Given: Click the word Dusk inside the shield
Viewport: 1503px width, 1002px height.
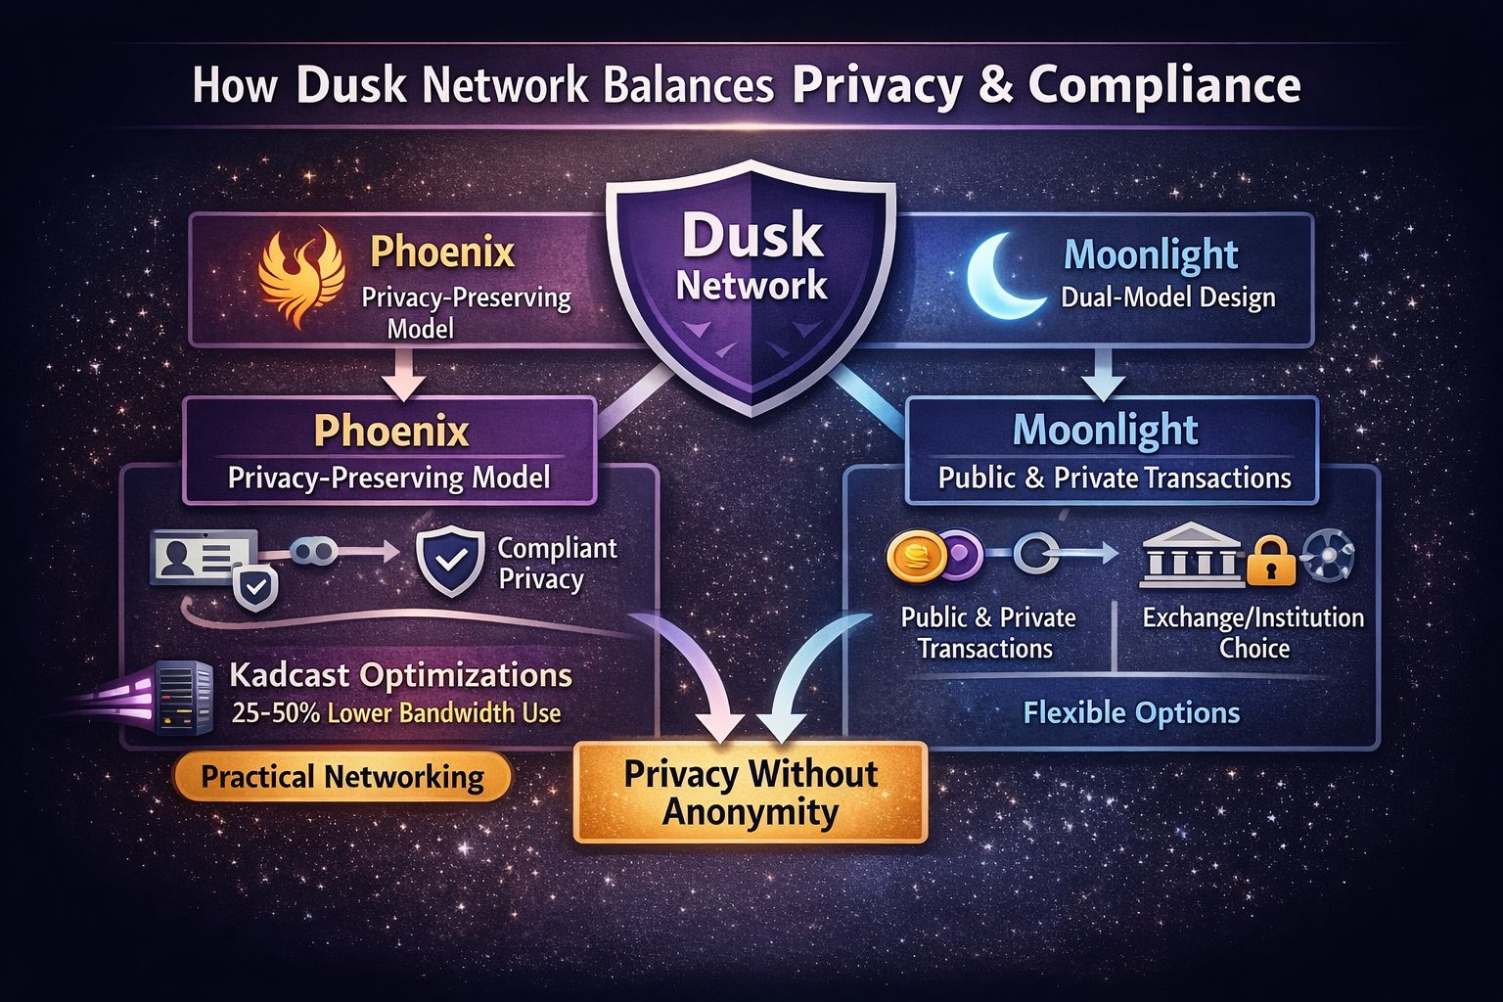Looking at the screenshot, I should pos(751,237).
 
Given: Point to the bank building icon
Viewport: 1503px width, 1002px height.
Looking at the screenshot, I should pos(1191,556).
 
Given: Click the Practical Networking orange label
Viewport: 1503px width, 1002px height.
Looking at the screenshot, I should pos(342,778).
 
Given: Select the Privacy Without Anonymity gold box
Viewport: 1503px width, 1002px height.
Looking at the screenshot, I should pos(750,793).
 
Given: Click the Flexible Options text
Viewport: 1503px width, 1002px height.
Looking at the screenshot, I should pos(1131,712).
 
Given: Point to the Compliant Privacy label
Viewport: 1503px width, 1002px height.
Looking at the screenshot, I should pos(557,564).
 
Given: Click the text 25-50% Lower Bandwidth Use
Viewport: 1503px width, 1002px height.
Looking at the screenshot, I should pos(396,712).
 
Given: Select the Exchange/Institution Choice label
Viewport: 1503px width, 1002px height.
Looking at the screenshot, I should pos(1252,633).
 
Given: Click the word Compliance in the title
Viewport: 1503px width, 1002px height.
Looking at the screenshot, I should pos(1164,86).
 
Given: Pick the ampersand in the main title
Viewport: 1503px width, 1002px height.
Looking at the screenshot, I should pos(995,86).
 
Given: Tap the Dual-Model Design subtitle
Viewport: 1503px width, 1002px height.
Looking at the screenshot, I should pos(1167,297).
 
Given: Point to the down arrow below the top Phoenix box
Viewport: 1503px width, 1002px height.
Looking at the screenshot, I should pos(402,374).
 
